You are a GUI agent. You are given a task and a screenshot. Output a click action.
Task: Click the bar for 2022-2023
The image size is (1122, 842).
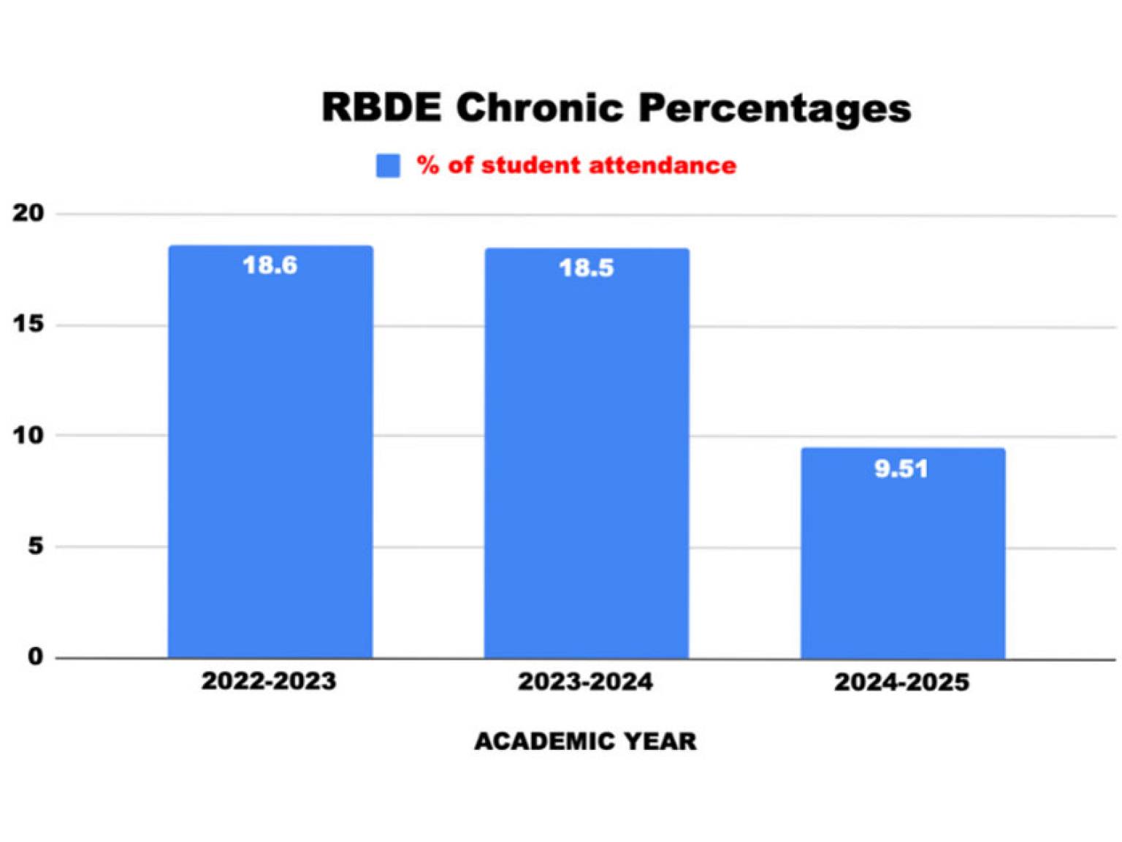[270, 453]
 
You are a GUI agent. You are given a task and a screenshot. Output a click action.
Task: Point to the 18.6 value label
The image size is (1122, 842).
[270, 265]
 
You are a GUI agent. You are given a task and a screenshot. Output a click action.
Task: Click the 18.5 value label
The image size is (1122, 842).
[587, 268]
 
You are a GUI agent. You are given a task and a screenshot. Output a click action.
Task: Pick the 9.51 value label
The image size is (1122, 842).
[901, 469]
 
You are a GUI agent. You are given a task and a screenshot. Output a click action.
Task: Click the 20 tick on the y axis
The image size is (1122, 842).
[28, 213]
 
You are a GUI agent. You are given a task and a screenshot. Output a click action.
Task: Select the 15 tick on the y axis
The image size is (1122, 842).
[28, 324]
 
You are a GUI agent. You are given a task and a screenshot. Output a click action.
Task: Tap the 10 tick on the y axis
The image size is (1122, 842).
[28, 435]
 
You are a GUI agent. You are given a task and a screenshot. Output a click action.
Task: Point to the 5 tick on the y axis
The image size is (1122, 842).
[35, 546]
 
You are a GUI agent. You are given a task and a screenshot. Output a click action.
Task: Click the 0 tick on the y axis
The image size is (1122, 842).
[35, 656]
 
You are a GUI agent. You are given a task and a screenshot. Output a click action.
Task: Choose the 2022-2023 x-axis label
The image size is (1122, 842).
[269, 681]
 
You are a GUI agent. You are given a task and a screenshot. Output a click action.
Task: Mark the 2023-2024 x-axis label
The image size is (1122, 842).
[585, 682]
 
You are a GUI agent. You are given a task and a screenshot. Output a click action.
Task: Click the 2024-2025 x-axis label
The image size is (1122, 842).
[901, 683]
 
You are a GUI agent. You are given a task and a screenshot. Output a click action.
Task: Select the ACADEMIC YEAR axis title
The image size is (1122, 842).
[585, 741]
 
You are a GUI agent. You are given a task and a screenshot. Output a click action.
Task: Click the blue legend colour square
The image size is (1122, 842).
[388, 165]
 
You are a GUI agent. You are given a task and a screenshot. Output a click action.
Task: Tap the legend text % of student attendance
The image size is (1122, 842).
[576, 165]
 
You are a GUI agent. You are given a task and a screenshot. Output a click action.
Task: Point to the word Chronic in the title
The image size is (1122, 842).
[539, 107]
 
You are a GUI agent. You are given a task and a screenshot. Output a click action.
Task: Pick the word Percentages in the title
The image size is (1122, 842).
[774, 109]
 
